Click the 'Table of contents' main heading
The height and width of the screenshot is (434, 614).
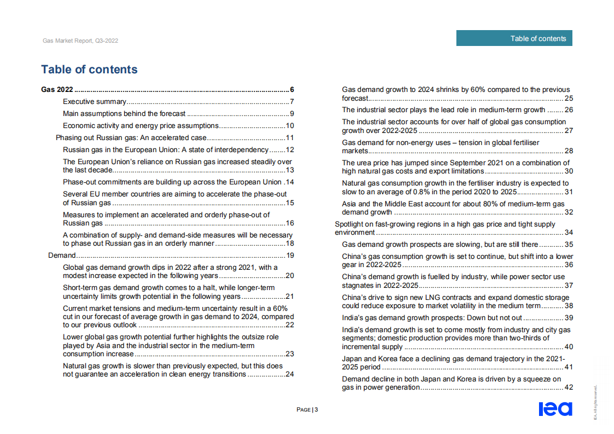point(89,70)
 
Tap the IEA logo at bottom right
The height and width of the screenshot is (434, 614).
point(555,409)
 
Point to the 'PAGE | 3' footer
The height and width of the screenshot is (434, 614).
point(307,409)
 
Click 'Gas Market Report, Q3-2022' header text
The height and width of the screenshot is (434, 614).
point(80,41)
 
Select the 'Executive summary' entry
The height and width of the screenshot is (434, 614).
point(95,102)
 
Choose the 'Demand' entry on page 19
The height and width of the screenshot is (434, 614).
point(62,256)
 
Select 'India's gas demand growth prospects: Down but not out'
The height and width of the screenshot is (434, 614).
point(432,318)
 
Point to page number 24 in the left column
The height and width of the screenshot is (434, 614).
point(290,374)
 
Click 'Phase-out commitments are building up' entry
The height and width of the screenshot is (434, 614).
point(172,182)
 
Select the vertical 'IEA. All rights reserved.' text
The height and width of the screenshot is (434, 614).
point(595,402)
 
